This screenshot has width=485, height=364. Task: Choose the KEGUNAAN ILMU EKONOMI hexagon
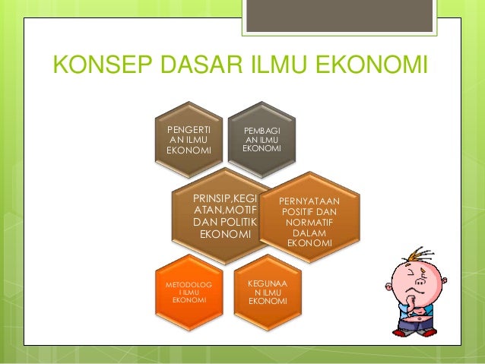268,292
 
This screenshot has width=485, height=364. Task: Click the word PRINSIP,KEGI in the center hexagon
226,198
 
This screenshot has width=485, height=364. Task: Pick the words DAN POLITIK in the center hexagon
226,221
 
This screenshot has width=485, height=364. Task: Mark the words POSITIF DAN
309,211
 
